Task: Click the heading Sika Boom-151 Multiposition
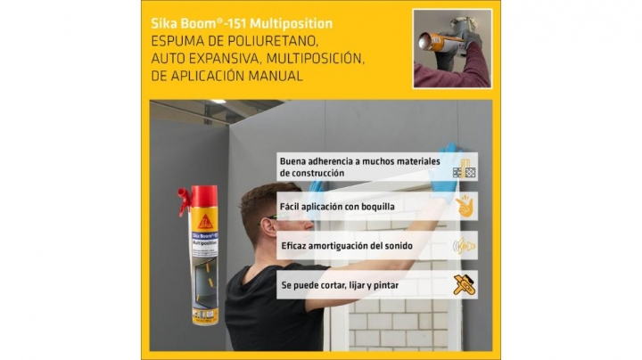click(243, 23)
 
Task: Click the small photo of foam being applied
click(452, 48)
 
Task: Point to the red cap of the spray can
click(197, 198)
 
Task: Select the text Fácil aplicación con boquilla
click(338, 206)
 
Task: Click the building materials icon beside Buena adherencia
click(464, 168)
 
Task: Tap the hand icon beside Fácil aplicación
click(464, 206)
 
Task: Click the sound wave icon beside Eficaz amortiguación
click(464, 246)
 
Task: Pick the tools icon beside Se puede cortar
click(464, 284)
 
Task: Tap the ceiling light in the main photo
click(218, 102)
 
